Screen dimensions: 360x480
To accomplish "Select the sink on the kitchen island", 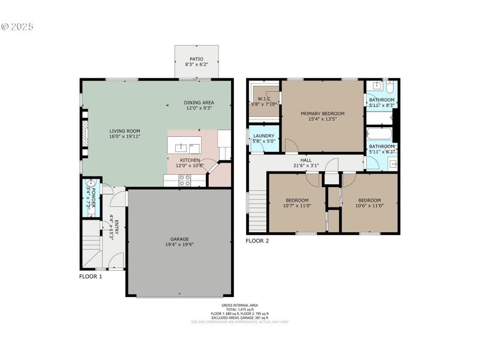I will pyautogui.click(x=180, y=146).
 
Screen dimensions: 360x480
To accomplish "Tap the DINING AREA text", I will pyautogui.click(x=199, y=103).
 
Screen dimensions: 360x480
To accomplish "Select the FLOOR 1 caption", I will pyautogui.click(x=91, y=277).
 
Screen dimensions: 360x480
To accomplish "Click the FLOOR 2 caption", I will pyautogui.click(x=257, y=241).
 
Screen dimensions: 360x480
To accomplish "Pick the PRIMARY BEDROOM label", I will pyautogui.click(x=323, y=113).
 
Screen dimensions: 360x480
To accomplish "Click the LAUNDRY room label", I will pyautogui.click(x=263, y=136).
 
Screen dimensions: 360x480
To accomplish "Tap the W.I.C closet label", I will pyautogui.click(x=263, y=98).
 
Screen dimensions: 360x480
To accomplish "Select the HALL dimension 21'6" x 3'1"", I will pyautogui.click(x=306, y=166).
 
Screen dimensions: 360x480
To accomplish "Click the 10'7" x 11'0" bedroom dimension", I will pyautogui.click(x=297, y=206).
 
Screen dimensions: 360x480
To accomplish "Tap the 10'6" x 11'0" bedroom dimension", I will pyautogui.click(x=369, y=206).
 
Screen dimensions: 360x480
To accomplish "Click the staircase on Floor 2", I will pyautogui.click(x=257, y=210).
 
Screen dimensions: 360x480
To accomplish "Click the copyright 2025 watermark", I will pyautogui.click(x=17, y=27).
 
